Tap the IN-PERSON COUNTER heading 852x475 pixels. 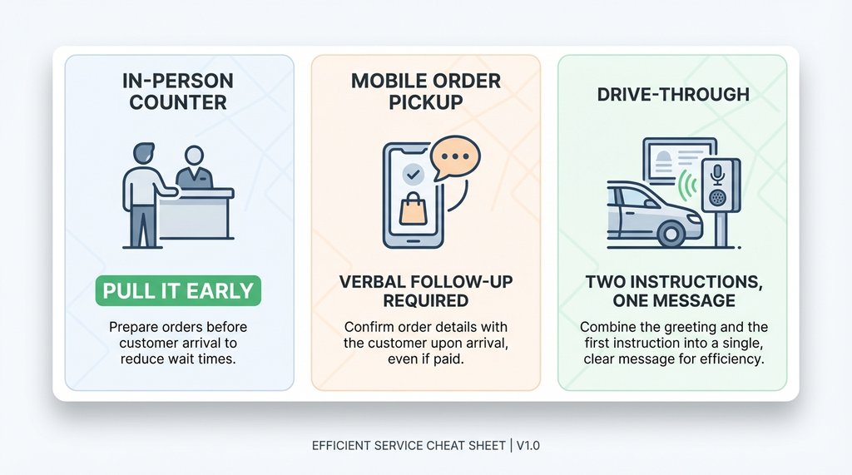click(x=178, y=92)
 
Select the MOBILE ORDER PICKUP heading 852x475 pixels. click(x=426, y=92)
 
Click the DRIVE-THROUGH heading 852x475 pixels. click(x=673, y=94)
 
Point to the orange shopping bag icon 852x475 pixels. click(x=414, y=208)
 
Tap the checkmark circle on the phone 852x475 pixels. click(x=412, y=173)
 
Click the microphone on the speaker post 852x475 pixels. click(x=716, y=172)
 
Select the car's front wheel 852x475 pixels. click(x=670, y=232)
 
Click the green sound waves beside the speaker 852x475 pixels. click(x=687, y=187)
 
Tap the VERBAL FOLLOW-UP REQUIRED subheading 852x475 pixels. click(x=426, y=291)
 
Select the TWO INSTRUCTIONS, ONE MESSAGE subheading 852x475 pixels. click(x=672, y=291)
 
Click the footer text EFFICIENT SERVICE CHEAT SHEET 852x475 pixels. click(x=408, y=445)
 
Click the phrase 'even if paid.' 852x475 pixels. click(x=426, y=359)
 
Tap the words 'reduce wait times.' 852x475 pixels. click(x=178, y=359)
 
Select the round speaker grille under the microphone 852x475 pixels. click(x=717, y=200)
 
